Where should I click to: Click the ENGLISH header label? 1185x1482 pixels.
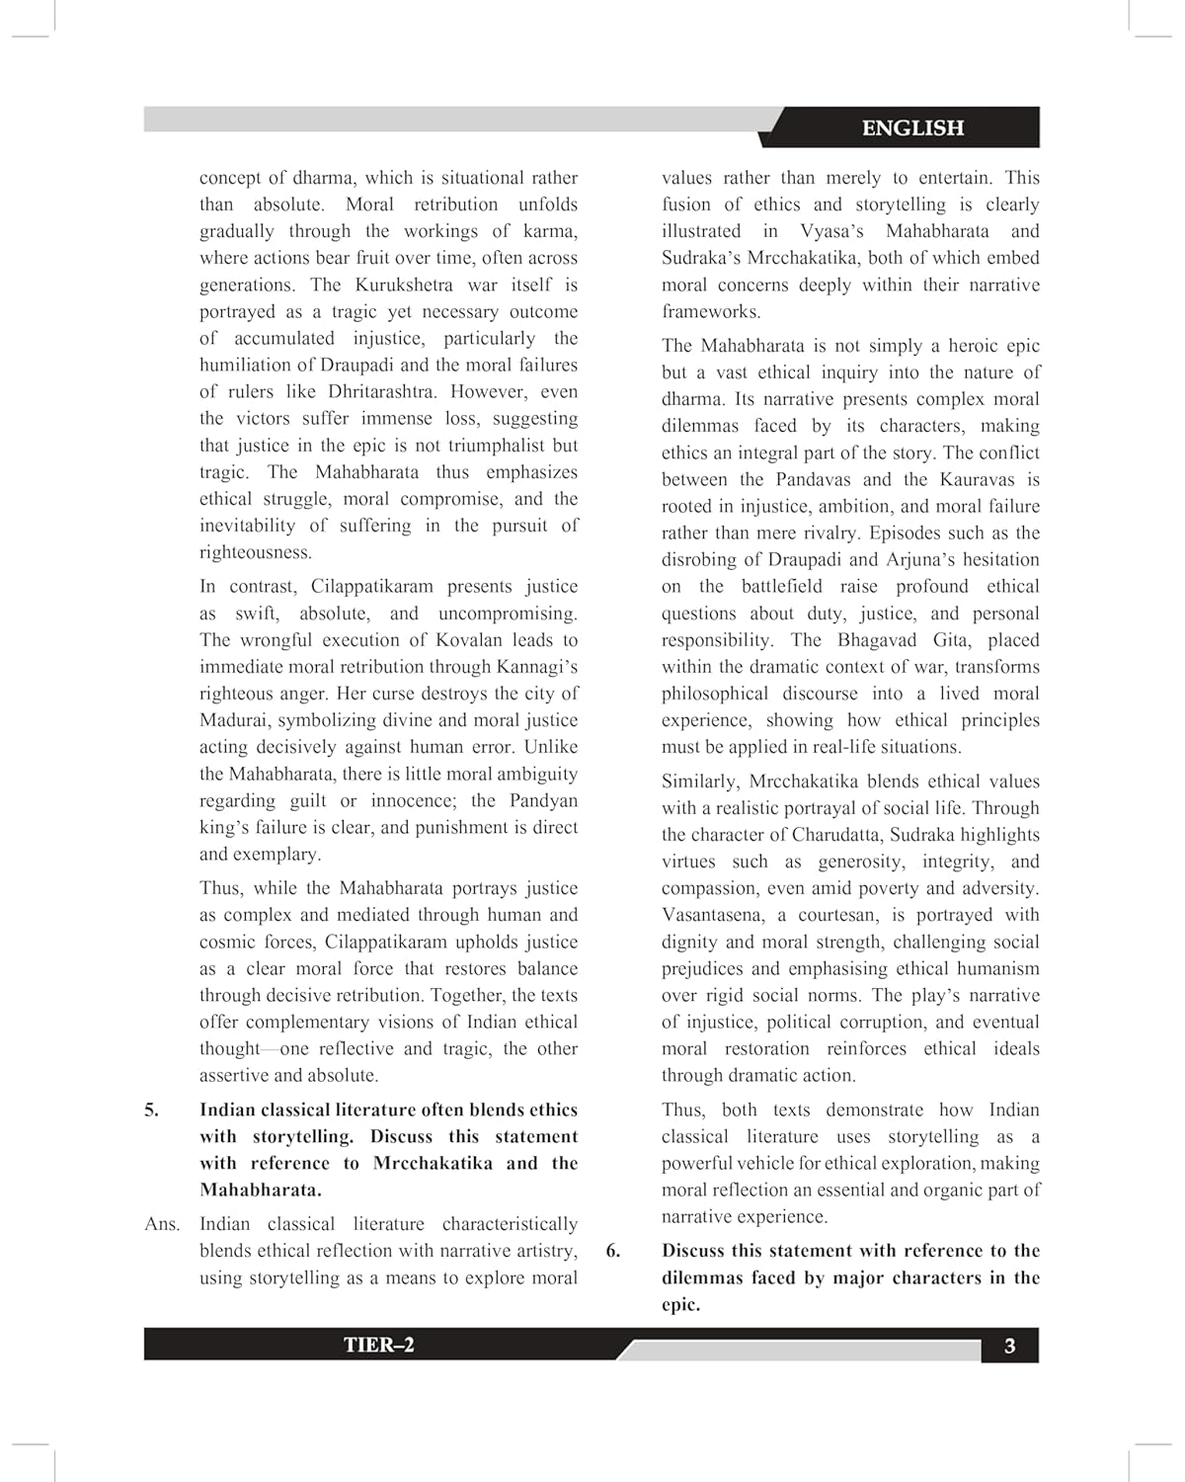click(912, 127)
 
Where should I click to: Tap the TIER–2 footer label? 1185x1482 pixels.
click(378, 1345)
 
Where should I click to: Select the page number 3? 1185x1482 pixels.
click(1009, 1346)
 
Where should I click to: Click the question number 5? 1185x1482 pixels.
click(151, 1110)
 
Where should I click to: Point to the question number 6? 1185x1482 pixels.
click(613, 1250)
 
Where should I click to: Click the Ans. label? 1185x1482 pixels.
click(162, 1224)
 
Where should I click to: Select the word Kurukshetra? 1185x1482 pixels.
click(403, 285)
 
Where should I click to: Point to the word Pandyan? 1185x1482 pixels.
click(543, 800)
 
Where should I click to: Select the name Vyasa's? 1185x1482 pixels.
click(831, 231)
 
